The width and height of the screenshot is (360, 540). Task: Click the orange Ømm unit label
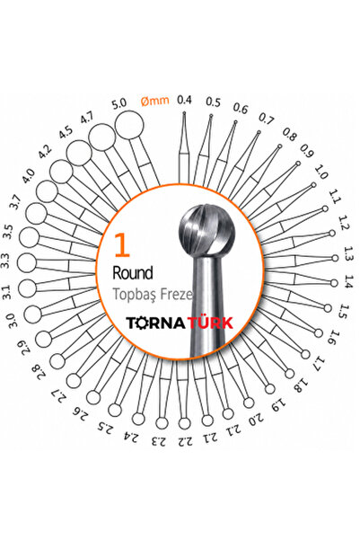(x=155, y=101)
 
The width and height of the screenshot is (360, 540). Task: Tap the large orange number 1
(x=122, y=245)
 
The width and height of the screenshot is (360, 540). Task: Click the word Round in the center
(x=133, y=273)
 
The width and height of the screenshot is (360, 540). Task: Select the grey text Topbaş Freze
(x=153, y=295)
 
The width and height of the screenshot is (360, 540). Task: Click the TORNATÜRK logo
(x=180, y=323)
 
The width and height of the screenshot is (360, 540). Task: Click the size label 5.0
(x=119, y=103)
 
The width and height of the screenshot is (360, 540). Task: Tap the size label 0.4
(x=184, y=100)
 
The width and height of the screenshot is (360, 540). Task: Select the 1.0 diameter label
(x=321, y=172)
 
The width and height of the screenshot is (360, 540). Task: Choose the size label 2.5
(x=104, y=427)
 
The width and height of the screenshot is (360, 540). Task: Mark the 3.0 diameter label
(x=12, y=321)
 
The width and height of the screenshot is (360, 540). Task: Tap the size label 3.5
(x=7, y=232)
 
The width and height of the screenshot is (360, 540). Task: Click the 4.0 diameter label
(x=28, y=175)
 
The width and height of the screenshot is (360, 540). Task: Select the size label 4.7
(x=87, y=119)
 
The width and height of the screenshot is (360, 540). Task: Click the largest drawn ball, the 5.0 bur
(x=129, y=125)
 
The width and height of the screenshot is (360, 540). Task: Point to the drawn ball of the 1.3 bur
(x=335, y=258)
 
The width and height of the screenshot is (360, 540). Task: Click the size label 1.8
(x=299, y=385)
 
